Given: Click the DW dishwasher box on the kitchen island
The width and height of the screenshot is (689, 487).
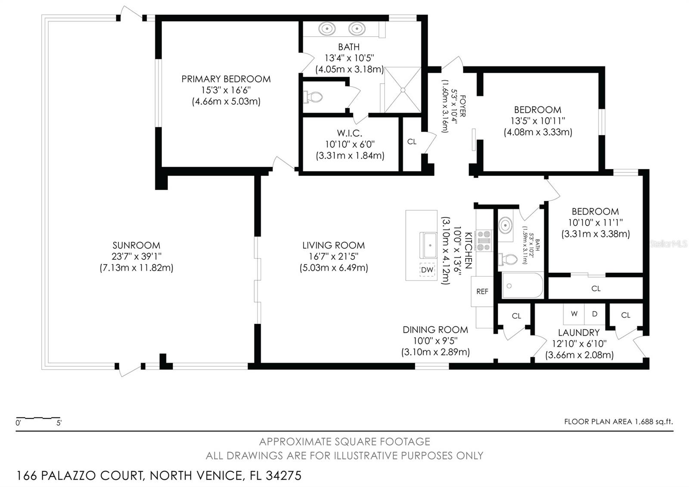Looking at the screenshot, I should coord(427,270).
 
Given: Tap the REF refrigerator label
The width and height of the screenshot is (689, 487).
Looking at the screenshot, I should coord(482,291).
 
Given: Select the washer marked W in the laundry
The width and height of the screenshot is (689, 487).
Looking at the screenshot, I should coord(574,314).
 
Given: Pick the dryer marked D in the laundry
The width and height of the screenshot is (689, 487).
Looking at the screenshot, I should coord(595,314).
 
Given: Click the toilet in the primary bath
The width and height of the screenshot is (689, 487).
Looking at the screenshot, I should coord(313,97).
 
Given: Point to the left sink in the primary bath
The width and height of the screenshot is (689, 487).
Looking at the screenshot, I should coord(327,29).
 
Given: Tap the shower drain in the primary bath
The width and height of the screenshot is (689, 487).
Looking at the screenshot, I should coord(403,90).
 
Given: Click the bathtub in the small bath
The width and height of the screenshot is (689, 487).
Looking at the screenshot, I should coord(522,285).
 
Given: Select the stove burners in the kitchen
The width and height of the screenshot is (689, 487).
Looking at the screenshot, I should coord(484,240).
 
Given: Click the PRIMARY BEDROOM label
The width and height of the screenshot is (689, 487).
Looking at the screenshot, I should coord(226,79).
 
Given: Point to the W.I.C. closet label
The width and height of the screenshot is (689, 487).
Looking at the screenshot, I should coord(349,133).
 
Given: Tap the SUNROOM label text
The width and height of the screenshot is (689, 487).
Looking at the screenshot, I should coord(136,245).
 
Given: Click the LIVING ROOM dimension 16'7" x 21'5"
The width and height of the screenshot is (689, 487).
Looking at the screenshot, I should coord(333,256).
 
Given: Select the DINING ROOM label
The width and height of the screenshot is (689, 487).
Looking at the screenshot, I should coord(435,330).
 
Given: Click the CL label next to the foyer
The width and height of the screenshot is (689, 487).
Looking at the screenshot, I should coord(412,141).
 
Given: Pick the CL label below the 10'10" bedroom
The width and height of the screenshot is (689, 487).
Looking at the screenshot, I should coord(596,288).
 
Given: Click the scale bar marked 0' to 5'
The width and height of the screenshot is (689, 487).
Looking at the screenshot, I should coord(38,418).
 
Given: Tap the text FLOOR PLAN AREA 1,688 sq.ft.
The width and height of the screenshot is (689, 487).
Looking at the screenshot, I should coord(618,421).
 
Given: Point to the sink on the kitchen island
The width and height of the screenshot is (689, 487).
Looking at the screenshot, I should coord(429,245).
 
